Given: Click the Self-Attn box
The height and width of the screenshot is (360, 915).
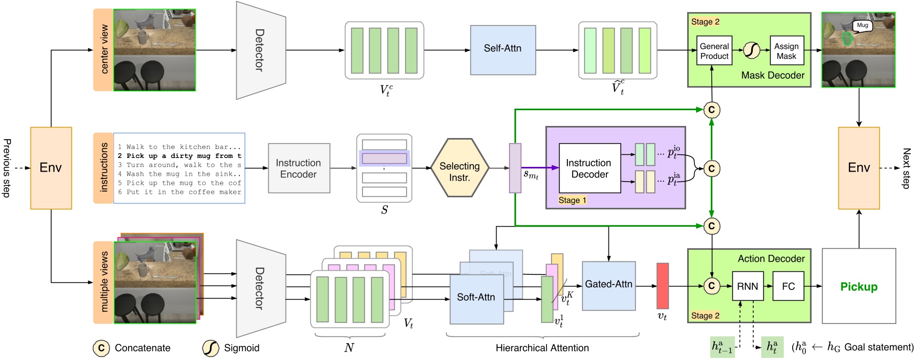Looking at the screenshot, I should pyautogui.click(x=502, y=49).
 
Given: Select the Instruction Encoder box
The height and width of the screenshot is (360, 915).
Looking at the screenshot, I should pyautogui.click(x=299, y=168).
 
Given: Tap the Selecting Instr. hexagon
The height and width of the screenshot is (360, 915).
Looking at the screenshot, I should pyautogui.click(x=459, y=168).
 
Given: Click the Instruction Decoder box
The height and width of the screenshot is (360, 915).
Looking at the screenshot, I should pyautogui.click(x=590, y=168).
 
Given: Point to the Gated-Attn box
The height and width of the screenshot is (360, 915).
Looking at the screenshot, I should pyautogui.click(x=608, y=285).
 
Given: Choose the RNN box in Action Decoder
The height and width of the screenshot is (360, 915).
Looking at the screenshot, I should pyautogui.click(x=747, y=286).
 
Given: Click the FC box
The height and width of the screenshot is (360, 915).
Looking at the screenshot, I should pyautogui.click(x=788, y=286).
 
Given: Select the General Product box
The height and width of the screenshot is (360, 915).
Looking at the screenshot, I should pyautogui.click(x=714, y=51).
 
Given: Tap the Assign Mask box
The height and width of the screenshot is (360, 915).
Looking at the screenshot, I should pyautogui.click(x=786, y=51).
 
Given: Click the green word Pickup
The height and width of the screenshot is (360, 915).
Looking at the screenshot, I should pyautogui.click(x=859, y=287).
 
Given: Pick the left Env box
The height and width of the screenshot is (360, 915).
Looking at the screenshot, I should pyautogui.click(x=51, y=168).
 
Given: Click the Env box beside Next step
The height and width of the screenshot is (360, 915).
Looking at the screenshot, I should pyautogui.click(x=859, y=168).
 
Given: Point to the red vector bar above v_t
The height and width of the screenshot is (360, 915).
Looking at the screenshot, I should pyautogui.click(x=662, y=285).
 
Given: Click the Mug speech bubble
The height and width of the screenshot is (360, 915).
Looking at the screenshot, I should pyautogui.click(x=863, y=25).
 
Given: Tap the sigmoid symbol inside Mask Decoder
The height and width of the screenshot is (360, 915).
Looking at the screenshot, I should pyautogui.click(x=752, y=50).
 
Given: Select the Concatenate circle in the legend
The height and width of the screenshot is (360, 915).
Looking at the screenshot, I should pyautogui.click(x=101, y=348).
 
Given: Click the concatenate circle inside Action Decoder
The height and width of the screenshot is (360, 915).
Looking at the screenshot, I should pyautogui.click(x=711, y=286).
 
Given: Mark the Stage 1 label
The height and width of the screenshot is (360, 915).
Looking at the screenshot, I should pyautogui.click(x=572, y=200).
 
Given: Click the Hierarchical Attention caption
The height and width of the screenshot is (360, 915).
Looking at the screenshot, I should pyautogui.click(x=542, y=348).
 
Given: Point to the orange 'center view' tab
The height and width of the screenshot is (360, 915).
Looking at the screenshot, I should pyautogui.click(x=103, y=49).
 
